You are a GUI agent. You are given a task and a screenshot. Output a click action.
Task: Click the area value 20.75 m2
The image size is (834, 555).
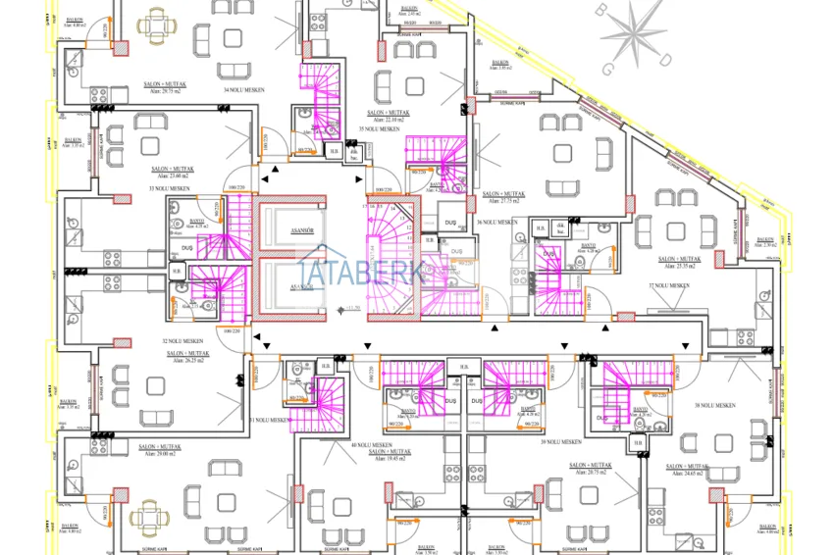(591, 474)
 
